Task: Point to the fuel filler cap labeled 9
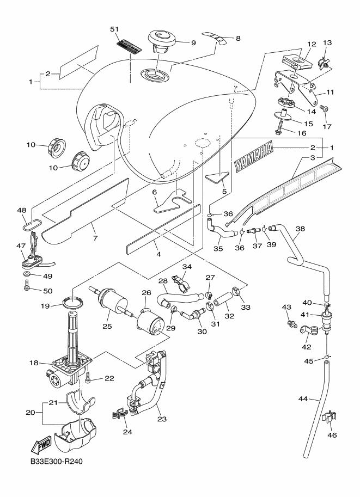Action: pyautogui.click(x=161, y=40)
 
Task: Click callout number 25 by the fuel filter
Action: pyautogui.click(x=107, y=326)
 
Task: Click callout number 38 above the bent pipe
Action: pyautogui.click(x=300, y=229)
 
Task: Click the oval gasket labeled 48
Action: pyautogui.click(x=29, y=224)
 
